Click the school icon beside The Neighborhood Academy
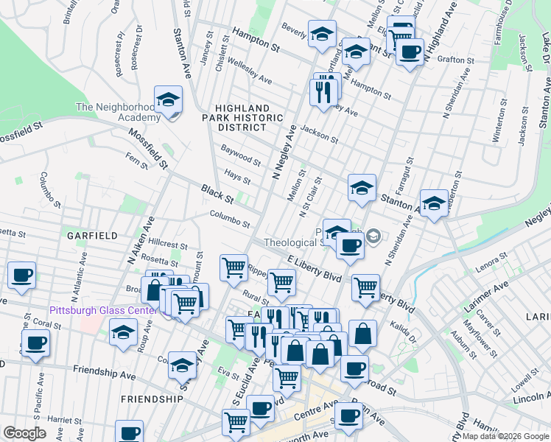168,101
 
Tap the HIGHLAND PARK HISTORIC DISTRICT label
244,117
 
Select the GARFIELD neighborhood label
92,236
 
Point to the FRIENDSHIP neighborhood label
152,399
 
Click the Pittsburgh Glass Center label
103,310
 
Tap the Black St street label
217,194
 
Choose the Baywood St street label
241,155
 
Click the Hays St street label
237,176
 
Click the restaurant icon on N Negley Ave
325,90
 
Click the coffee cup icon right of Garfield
21,275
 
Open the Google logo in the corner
25,433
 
